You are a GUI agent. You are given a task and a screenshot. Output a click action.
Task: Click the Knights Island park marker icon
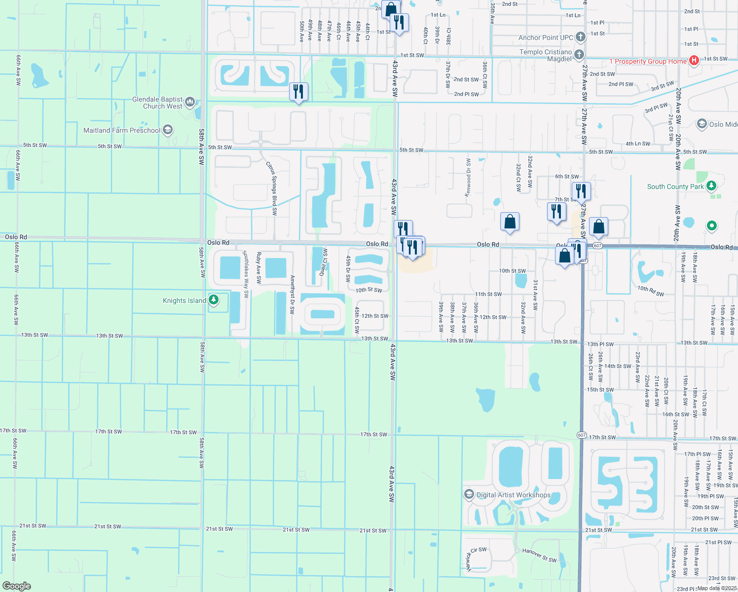click(x=214, y=299)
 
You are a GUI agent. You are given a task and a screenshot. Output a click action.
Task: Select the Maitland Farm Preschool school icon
click(x=168, y=130)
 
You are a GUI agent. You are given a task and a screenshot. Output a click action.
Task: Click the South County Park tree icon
click(x=711, y=186)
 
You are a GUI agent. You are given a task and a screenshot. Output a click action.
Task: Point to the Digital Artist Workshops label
click(x=513, y=495)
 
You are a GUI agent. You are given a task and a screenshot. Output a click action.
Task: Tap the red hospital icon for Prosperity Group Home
click(x=694, y=61)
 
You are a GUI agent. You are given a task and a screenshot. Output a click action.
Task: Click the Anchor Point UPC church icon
click(x=580, y=37)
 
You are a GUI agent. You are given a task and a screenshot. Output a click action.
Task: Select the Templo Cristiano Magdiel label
click(x=545, y=55)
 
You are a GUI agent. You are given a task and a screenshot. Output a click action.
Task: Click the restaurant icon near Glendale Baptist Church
click(x=298, y=92)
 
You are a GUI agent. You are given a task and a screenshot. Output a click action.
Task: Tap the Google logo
click(x=16, y=586)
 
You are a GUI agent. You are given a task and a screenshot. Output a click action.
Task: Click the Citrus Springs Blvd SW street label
click(x=272, y=188)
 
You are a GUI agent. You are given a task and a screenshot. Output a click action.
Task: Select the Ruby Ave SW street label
click(x=258, y=267)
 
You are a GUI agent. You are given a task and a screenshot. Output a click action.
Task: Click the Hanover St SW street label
click(x=539, y=555)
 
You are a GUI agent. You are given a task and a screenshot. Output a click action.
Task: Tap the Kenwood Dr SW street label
click(x=468, y=177)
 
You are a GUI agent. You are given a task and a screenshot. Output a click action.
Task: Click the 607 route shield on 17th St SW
click(x=581, y=435)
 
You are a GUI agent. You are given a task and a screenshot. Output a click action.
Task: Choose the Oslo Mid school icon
click(x=701, y=124)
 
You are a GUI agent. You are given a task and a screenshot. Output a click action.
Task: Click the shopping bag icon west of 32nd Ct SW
click(x=510, y=222)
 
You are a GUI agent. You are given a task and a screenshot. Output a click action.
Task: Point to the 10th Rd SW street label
click(x=650, y=291)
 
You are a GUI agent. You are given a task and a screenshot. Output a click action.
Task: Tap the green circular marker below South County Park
click(x=711, y=226)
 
